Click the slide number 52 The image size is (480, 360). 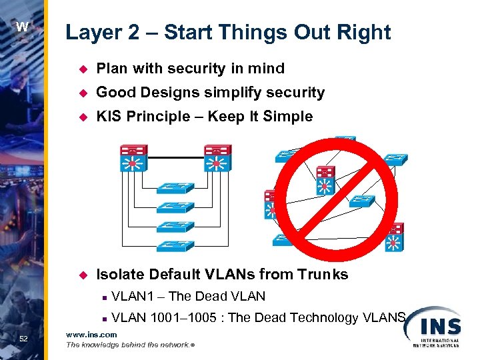click(x=23, y=339)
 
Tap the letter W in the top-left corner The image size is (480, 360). click(x=23, y=27)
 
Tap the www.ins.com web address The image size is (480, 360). click(x=91, y=335)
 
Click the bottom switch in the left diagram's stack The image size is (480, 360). click(x=176, y=245)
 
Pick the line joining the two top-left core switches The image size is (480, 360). click(x=175, y=158)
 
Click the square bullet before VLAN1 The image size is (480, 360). click(x=105, y=297)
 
